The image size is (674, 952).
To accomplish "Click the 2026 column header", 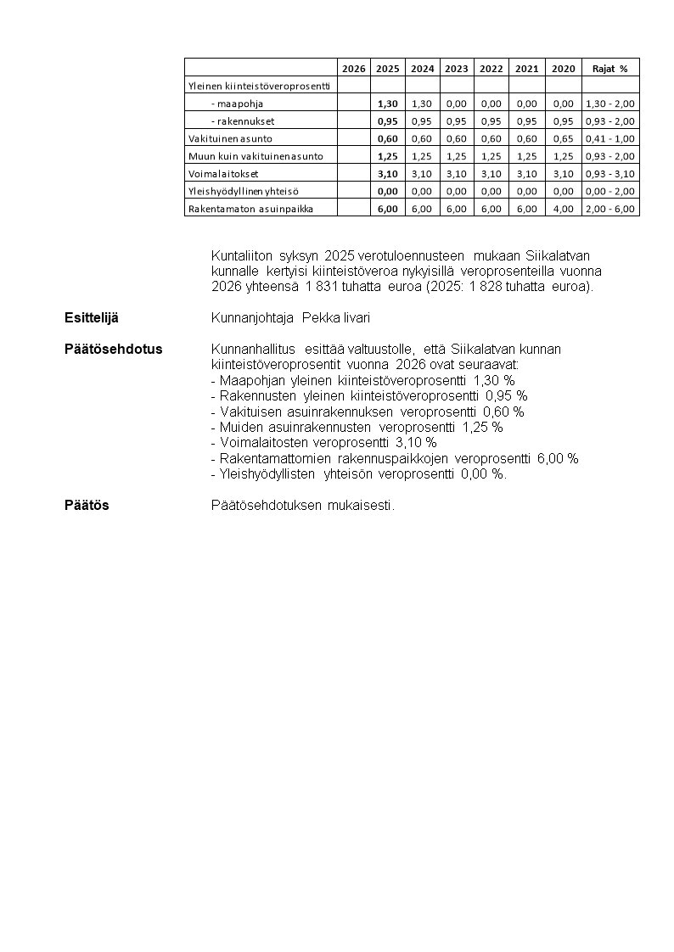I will coord(353,68).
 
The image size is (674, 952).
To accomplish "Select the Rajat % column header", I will coord(610,68).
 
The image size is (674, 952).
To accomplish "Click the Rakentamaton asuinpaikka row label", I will coord(239,208).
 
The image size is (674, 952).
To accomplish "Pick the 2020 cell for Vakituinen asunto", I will coord(563,138).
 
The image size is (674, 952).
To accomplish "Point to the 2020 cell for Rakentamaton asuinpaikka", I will coord(563,208).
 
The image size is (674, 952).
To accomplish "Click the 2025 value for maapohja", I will coord(387,104).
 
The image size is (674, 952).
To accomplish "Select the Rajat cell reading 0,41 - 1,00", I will coord(610,138).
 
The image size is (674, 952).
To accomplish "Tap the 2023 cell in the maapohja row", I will coord(457,104).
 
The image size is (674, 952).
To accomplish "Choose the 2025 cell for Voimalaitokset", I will coord(387,173).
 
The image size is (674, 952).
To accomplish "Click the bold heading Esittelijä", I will coord(91,318).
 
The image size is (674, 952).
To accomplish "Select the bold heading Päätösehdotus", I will coord(113,350).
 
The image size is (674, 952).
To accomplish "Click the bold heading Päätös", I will coord(87,506).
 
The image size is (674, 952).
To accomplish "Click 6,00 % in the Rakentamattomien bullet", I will coord(558,458).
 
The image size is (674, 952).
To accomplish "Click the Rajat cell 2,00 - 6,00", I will coord(610,208).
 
